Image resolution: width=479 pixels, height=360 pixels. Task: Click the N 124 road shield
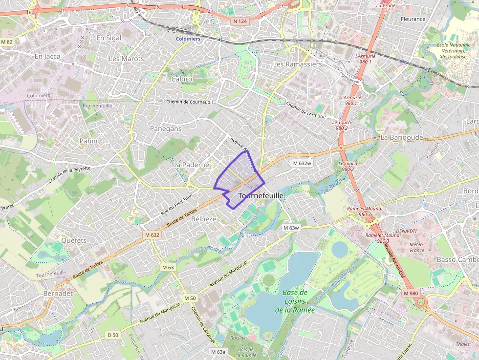(x=240, y=21)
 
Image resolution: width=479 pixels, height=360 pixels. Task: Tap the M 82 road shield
(x=7, y=42)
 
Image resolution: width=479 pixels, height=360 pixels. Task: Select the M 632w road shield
(x=302, y=163)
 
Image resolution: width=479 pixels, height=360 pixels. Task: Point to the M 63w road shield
(x=291, y=228)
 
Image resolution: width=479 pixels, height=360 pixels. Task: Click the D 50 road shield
(x=113, y=335)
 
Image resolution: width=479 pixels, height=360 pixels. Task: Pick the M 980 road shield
(x=411, y=293)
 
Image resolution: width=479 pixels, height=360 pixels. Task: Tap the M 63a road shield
(x=218, y=352)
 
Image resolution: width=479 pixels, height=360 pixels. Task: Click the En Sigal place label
(x=109, y=38)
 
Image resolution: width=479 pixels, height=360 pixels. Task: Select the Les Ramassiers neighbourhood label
(x=297, y=64)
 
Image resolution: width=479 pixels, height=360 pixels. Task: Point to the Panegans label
(x=164, y=129)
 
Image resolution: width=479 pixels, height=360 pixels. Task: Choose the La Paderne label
(x=191, y=165)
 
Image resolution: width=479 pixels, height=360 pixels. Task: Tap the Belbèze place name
(x=203, y=219)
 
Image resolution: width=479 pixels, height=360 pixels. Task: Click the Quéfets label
(x=74, y=240)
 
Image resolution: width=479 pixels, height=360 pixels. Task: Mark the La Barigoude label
(x=401, y=138)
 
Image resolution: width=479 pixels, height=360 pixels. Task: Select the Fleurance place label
(x=413, y=19)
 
